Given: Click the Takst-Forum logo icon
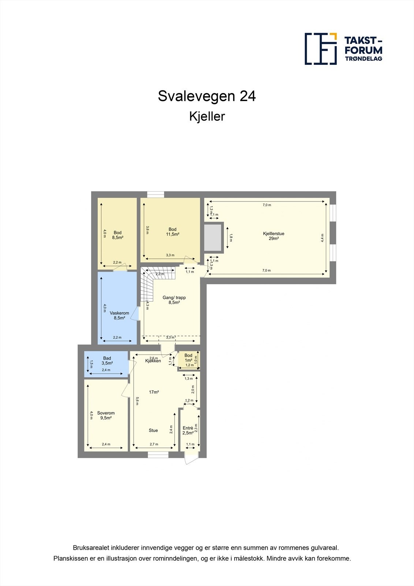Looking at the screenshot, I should point(321,49).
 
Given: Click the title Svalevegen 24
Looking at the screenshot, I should point(207,96).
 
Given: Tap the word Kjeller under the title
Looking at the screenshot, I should point(207,116).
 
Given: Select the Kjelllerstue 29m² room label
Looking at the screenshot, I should point(273,236).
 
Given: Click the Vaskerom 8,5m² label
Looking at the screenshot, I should point(119,315).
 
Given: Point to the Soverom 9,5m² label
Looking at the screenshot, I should point(106,415).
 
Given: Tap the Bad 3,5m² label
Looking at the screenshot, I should point(107,361).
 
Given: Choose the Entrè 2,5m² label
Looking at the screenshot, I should point(188,430).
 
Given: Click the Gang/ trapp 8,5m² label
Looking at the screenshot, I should point(174,300).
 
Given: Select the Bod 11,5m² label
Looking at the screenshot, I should point(172,232).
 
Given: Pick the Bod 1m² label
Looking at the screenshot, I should point(188,358).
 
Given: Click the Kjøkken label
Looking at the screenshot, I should point(153,361).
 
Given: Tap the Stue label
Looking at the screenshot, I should point(153,430).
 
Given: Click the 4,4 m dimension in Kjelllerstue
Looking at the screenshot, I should point(322,238).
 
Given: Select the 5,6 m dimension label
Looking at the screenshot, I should point(137,401).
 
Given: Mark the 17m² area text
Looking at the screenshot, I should point(154,392).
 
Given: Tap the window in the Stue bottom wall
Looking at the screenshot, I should point(158,455).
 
